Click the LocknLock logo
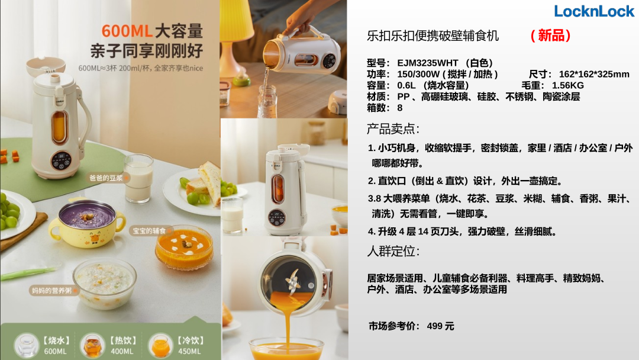click(594, 11)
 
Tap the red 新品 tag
click(550, 36)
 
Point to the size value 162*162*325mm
click(594, 74)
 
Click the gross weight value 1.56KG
click(567, 85)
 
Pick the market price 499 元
click(441, 326)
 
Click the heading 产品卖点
click(393, 129)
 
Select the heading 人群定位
click(393, 250)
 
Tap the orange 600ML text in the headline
click(127, 31)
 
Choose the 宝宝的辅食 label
click(150, 231)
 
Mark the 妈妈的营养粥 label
click(52, 290)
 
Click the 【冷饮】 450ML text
click(190, 345)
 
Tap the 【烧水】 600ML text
click(56, 345)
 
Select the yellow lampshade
click(236, 20)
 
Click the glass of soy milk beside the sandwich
click(138, 179)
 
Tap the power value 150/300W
click(418, 74)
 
